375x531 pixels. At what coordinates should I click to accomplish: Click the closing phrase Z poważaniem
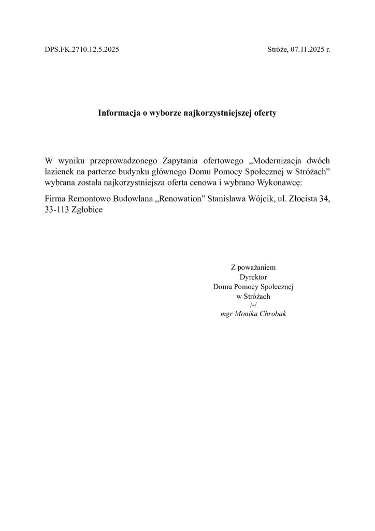pyautogui.click(x=253, y=268)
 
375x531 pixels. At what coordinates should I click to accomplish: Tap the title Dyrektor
pyautogui.click(x=253, y=277)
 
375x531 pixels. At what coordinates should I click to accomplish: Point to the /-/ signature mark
pyautogui.click(x=253, y=305)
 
